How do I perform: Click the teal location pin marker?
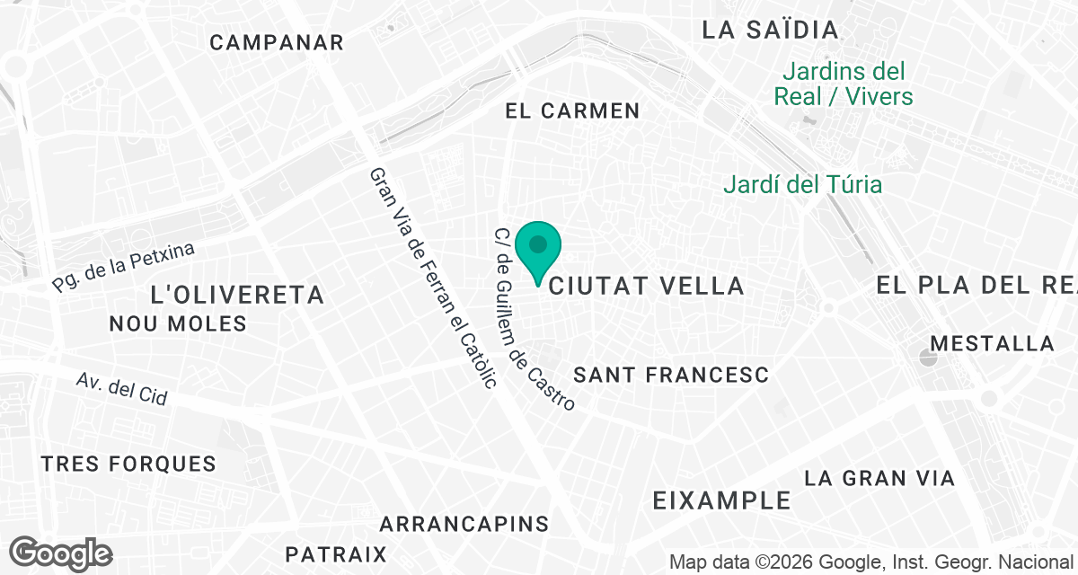coord(538,248)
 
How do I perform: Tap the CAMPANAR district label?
coord(277,42)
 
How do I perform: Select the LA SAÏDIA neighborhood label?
coord(770,30)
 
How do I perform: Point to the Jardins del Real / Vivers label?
coord(843,84)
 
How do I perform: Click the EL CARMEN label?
coord(572,111)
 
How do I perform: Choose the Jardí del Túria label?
coord(803,185)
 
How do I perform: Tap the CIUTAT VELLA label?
coord(646,286)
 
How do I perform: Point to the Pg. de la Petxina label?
coord(123,267)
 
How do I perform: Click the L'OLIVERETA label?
coord(237,294)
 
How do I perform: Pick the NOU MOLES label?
coord(178,323)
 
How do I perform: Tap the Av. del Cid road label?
coord(122,389)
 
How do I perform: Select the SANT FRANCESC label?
coord(671,375)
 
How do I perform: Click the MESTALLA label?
coord(992,343)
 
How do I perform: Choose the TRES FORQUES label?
coord(128,464)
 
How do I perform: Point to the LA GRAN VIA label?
coord(879,478)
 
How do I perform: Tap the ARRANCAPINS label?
coord(464,523)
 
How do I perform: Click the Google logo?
coord(61,553)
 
